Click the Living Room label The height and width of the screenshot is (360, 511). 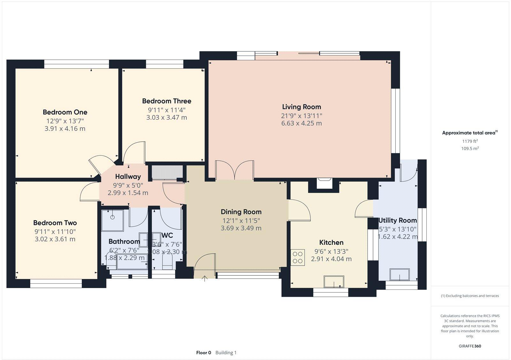(x=301, y=107)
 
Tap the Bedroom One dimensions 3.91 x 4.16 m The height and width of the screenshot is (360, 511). (x=65, y=129)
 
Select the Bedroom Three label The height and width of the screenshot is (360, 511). (x=166, y=101)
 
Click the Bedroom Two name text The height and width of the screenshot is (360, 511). (x=55, y=223)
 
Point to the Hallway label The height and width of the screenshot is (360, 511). (x=128, y=176)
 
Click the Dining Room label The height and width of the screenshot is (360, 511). (x=241, y=212)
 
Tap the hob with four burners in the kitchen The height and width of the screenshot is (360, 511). (x=298, y=258)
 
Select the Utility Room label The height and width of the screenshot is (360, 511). (x=397, y=220)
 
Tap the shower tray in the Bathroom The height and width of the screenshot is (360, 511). (x=112, y=220)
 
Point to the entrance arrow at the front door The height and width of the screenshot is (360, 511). (x=205, y=279)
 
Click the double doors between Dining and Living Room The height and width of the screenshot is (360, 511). (x=235, y=171)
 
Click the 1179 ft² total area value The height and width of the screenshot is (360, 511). (x=469, y=141)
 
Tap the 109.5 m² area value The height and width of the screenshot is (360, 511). (x=469, y=148)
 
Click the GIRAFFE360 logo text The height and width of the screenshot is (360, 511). (x=469, y=346)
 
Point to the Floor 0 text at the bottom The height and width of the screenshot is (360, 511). (x=203, y=353)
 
